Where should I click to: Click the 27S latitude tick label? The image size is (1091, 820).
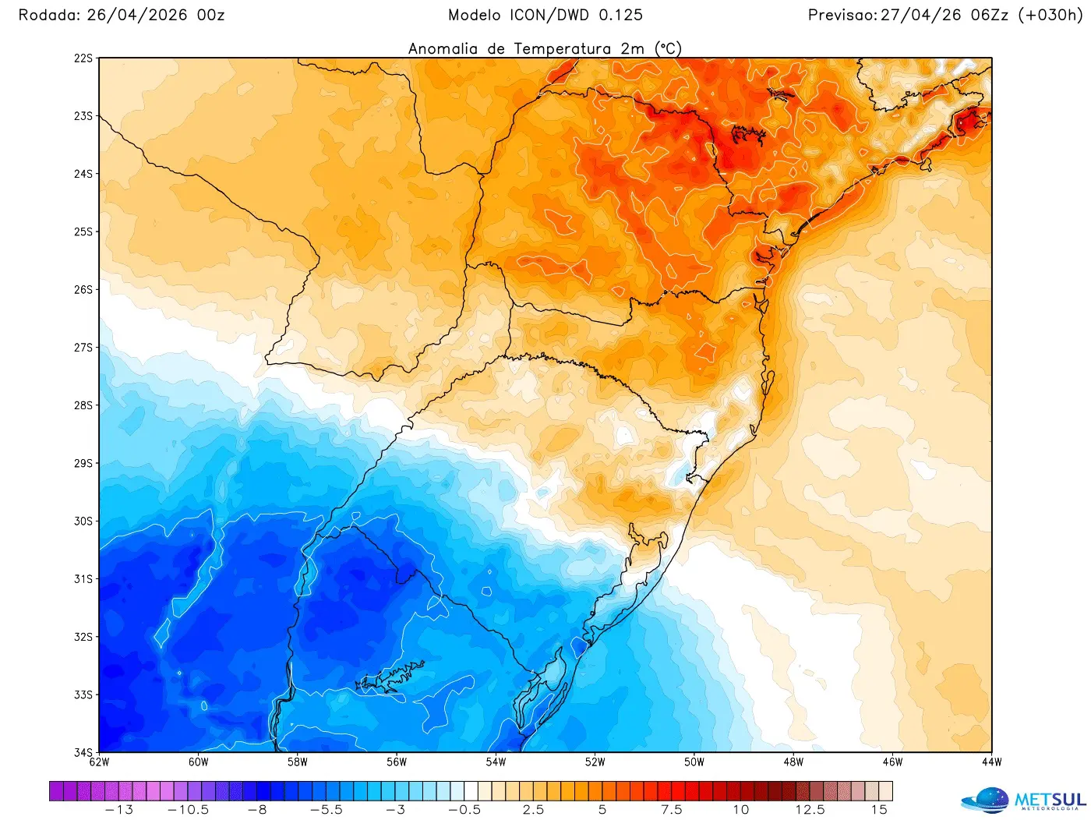click(x=83, y=348)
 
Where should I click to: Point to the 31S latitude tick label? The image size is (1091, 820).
click(x=83, y=579)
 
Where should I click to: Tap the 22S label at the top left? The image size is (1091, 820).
click(x=83, y=58)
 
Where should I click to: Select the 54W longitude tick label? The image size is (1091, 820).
click(x=496, y=762)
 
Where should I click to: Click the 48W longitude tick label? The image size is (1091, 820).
click(x=793, y=762)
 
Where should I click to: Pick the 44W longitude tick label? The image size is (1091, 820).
click(x=991, y=762)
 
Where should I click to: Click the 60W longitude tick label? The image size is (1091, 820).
click(x=198, y=762)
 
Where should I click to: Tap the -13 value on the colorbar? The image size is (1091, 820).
click(x=118, y=810)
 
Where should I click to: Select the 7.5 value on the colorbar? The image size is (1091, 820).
click(x=672, y=810)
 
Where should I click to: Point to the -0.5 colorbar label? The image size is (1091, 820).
click(x=464, y=810)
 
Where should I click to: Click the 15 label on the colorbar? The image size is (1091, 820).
click(x=879, y=810)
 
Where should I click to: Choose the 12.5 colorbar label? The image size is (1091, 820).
click(x=810, y=810)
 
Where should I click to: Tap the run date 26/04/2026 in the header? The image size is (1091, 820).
click(x=137, y=15)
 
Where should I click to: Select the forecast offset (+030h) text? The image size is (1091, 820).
click(x=1050, y=15)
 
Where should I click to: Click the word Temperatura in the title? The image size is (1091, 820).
click(x=563, y=48)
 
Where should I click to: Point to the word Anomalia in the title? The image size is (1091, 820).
click(x=443, y=48)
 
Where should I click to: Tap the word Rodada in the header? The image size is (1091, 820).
click(x=48, y=15)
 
